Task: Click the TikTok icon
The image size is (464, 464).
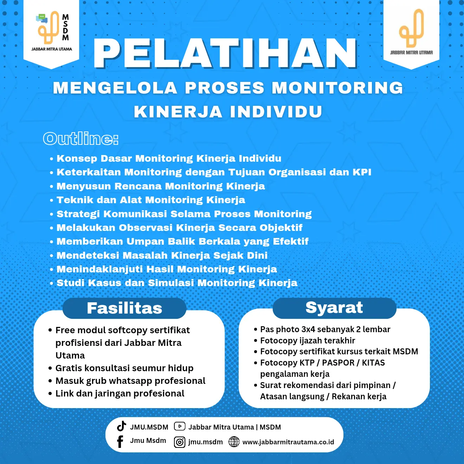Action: coord(122,426)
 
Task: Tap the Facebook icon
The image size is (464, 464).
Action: coord(120,442)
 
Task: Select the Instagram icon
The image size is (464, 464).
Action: coord(180,442)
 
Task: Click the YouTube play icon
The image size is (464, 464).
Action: coord(180,426)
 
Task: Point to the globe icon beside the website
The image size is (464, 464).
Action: coord(234,442)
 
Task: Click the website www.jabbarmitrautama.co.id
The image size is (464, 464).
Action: coord(288,442)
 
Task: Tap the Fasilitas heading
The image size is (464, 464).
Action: coord(124,308)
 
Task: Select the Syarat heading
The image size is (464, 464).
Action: coord(334,308)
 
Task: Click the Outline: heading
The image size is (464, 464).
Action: coord(80,139)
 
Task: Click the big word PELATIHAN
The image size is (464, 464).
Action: coord(225,53)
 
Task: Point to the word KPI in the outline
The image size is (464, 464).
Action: coord(362,172)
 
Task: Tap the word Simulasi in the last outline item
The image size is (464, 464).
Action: coord(171,283)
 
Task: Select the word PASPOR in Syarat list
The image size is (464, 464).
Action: coord(337,363)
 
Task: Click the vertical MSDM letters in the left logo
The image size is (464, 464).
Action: coord(65,27)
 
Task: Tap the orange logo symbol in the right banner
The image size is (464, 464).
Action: coord(411,28)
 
